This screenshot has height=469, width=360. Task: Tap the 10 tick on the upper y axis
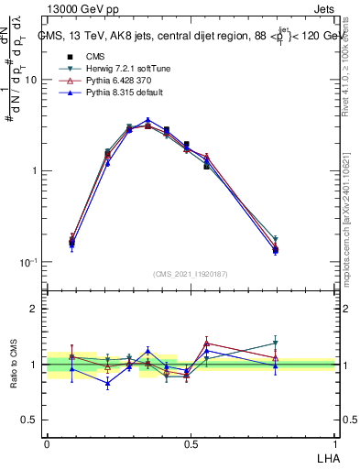pyautogui.click(x=31, y=80)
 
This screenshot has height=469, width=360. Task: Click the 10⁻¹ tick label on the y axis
pyautogui.click(x=27, y=262)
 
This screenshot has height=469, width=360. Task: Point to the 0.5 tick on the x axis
pyautogui.click(x=191, y=443)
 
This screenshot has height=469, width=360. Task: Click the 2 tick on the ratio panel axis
pyautogui.click(x=34, y=309)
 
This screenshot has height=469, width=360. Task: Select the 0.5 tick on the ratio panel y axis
pyautogui.click(x=30, y=420)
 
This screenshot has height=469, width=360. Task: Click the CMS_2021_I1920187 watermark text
pyautogui.click(x=191, y=274)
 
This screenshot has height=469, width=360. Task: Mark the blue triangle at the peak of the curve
pyautogui.click(x=147, y=120)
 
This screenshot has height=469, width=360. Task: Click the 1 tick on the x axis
pyautogui.click(x=334, y=443)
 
